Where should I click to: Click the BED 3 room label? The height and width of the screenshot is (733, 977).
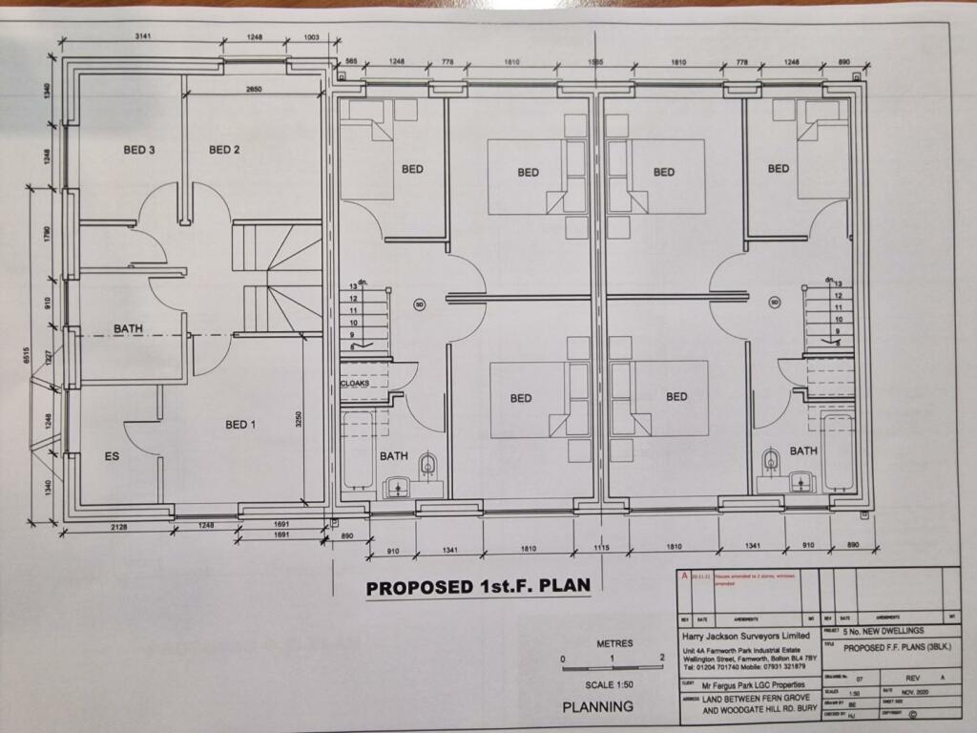tap(139, 150)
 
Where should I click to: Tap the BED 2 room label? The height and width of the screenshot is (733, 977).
tap(224, 150)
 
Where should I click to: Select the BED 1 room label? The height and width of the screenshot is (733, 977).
tap(240, 425)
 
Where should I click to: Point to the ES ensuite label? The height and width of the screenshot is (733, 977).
tap(113, 457)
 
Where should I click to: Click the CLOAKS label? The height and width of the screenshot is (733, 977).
tap(355, 384)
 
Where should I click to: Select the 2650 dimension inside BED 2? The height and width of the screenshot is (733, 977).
tap(254, 89)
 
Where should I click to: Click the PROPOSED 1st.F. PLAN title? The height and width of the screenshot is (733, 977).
tap(478, 587)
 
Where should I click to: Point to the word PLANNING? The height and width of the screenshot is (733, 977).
tap(597, 707)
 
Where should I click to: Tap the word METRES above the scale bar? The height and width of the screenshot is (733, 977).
tap(613, 643)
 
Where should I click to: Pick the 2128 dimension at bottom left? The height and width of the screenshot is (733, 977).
tap(119, 526)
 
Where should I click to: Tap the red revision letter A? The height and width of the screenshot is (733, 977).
tap(682, 576)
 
